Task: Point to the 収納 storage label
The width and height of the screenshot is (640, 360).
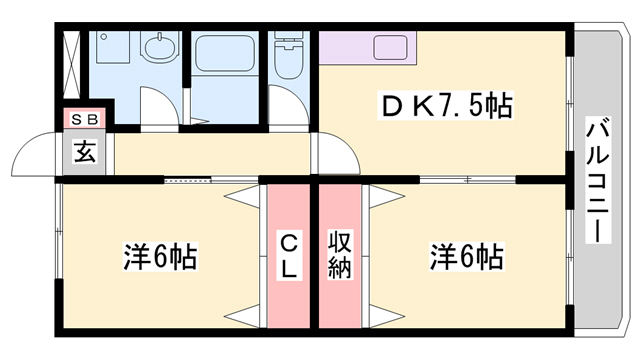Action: coord(341,254)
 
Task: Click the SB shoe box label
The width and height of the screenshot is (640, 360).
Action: coord(83,118)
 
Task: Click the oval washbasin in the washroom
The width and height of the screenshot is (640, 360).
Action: coord(157,47)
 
